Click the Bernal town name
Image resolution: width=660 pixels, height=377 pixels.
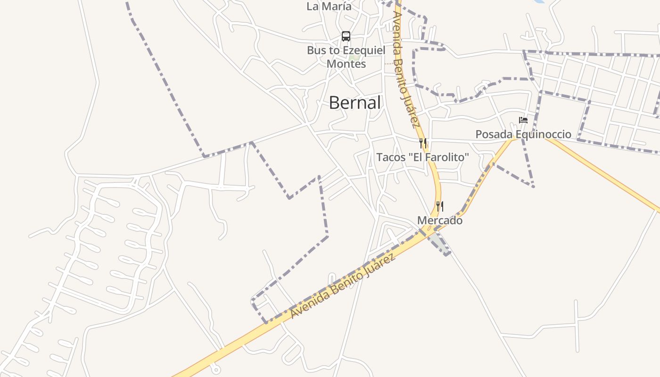[355, 102]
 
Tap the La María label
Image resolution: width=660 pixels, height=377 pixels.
[329, 7]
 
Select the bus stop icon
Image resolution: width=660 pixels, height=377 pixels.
[346, 36]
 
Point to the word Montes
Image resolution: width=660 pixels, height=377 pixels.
[346, 64]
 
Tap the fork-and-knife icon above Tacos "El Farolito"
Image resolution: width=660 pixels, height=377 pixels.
[423, 143]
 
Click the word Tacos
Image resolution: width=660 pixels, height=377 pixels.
[391, 157]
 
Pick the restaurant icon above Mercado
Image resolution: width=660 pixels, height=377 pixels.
[439, 206]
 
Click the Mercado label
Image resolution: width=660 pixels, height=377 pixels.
[439, 220]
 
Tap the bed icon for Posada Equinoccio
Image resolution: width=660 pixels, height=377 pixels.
[523, 120]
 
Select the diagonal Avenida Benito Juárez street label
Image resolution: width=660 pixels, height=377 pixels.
[342, 286]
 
